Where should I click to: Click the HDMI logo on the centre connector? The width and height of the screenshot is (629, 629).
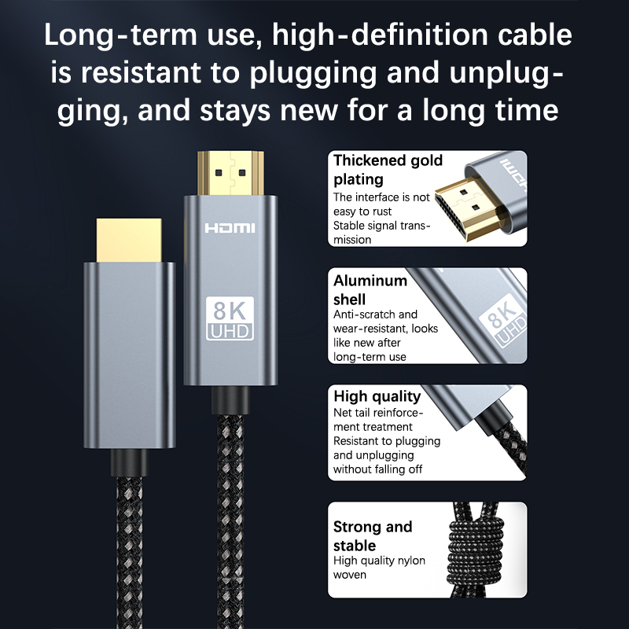coord(230,228)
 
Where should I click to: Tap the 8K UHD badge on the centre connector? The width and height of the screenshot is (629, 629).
coord(230,318)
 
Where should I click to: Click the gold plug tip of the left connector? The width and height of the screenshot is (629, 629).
coord(129,241)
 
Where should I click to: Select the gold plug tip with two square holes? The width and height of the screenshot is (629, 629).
coord(230,173)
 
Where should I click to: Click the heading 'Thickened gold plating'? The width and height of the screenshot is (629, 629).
coord(388,169)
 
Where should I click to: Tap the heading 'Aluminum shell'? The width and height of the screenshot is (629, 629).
coord(370,289)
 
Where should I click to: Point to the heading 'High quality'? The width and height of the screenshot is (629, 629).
coord(377,396)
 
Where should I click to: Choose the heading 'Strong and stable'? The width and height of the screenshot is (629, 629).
coord(372,535)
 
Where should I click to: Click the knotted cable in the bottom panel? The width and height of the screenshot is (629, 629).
coord(476,550)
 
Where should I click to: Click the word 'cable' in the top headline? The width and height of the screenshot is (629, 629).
coord(535,35)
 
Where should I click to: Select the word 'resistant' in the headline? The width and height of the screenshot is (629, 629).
coord(141,72)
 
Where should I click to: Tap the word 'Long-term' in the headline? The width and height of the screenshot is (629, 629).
coord(120,35)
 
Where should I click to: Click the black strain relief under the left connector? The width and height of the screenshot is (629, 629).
coord(129,462)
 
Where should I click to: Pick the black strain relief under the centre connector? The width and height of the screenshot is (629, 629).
coord(230,400)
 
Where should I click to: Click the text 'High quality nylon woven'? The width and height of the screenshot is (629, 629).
coord(379,567)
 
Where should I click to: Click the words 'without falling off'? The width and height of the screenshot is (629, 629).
coord(377,469)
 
